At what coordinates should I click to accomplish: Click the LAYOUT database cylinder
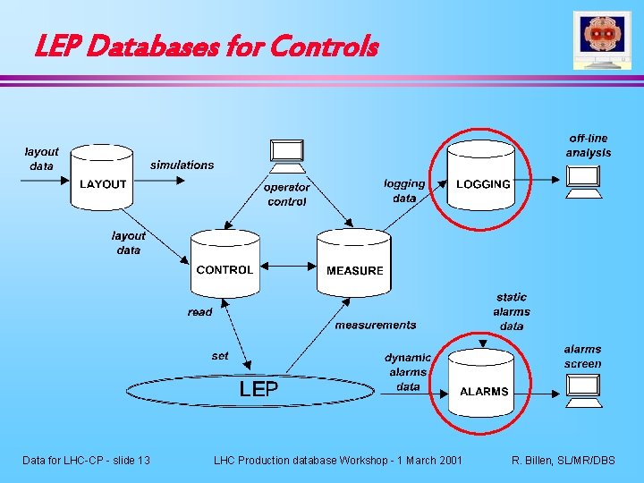click(x=104, y=179)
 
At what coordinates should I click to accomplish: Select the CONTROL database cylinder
click(x=225, y=264)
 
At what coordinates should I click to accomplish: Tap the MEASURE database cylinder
click(x=354, y=264)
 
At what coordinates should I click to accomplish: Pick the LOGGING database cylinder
click(x=483, y=179)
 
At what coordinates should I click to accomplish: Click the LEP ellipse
click(x=259, y=389)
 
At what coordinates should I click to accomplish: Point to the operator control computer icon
click(x=287, y=156)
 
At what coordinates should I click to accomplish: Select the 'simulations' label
click(x=182, y=165)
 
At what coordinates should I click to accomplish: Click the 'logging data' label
click(x=404, y=191)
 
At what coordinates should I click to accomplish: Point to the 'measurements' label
click(x=376, y=325)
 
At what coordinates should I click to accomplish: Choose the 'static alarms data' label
click(x=512, y=311)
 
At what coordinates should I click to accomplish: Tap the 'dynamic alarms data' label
click(x=408, y=372)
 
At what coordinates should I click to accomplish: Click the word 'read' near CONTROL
click(x=200, y=312)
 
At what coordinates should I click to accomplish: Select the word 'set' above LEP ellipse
click(x=220, y=355)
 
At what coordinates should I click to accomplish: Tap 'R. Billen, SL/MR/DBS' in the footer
click(x=563, y=460)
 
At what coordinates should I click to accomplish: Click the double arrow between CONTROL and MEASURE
click(x=286, y=265)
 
